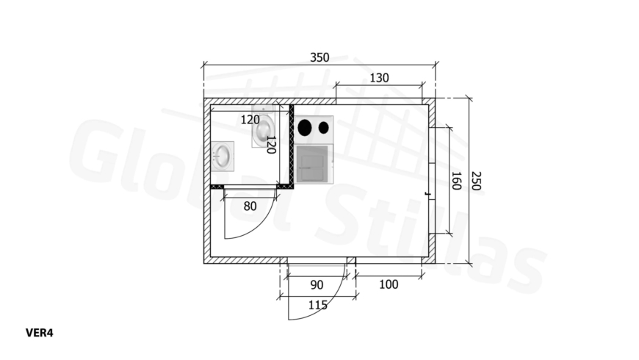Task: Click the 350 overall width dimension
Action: (x=319, y=57)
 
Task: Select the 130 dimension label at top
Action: (x=379, y=77)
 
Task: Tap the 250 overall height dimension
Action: (x=476, y=181)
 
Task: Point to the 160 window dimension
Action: (x=456, y=181)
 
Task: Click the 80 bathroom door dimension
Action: (x=250, y=206)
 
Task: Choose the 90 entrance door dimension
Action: (x=317, y=284)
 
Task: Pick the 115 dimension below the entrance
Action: (x=317, y=305)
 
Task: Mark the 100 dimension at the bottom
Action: (x=389, y=284)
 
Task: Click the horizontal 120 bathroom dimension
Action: (x=250, y=120)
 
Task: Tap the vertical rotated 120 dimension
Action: (x=271, y=145)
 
